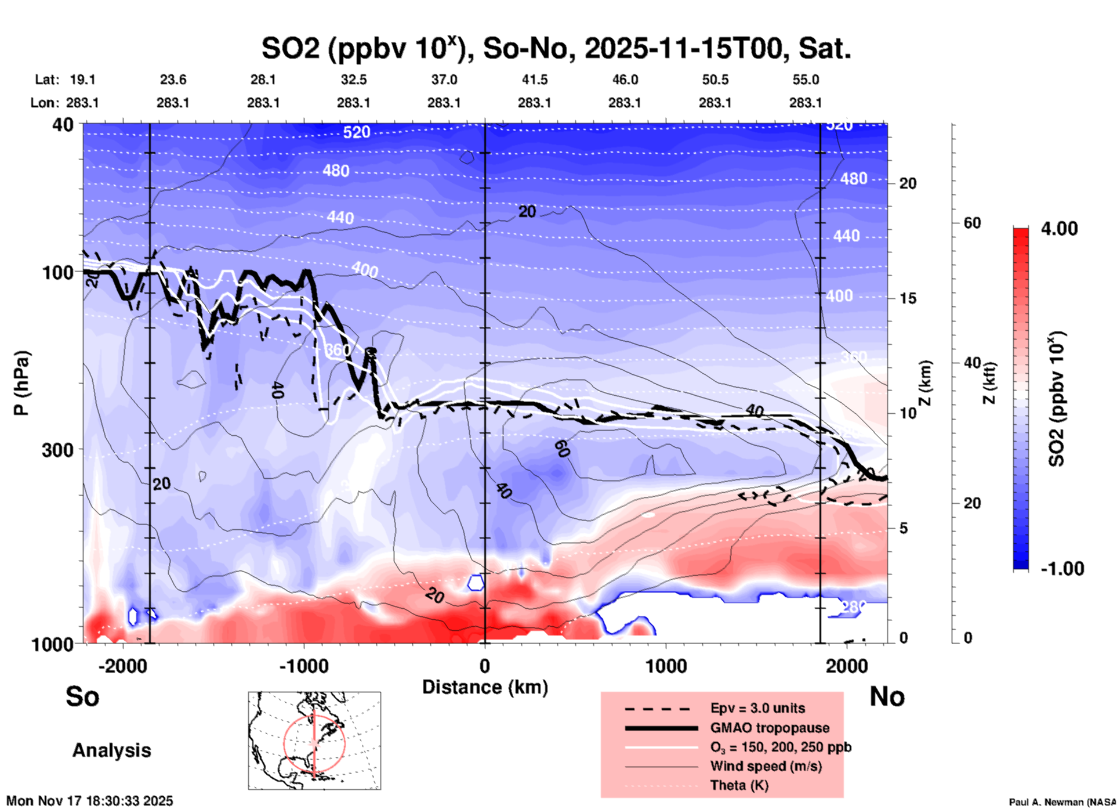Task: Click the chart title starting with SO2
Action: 556,49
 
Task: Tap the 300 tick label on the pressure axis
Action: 57,450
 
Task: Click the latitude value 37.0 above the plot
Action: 444,80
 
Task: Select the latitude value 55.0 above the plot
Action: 805,80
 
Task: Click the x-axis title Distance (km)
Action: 485,687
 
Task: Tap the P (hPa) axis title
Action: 21,383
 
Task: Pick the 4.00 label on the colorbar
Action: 1059,229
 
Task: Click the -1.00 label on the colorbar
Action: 1062,569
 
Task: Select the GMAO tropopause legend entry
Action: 770,728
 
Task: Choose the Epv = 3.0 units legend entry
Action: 757,708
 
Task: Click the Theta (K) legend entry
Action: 739,785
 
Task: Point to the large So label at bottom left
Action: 82,696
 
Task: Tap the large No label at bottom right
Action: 887,696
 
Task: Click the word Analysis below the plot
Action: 111,750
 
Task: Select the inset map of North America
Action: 314,741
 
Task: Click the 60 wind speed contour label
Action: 561,449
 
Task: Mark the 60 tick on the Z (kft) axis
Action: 971,223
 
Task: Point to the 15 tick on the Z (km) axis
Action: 908,298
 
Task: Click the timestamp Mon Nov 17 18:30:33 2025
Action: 90,801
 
